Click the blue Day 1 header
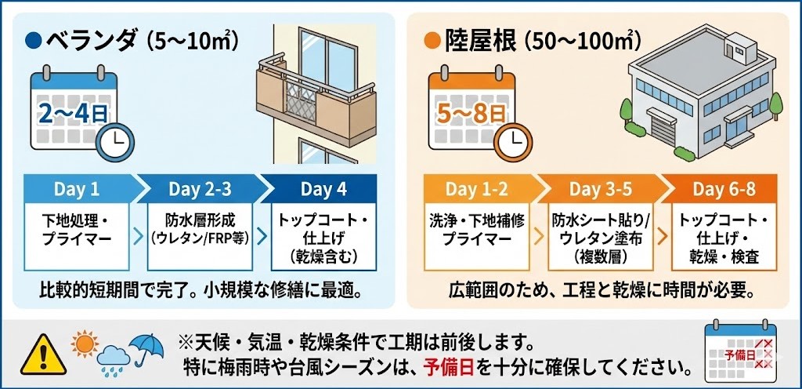(x=77, y=189)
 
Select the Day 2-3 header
(x=200, y=189)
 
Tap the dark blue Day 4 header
(x=323, y=189)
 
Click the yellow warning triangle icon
(x=44, y=355)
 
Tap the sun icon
(x=85, y=344)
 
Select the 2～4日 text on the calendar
(x=73, y=114)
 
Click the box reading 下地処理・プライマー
(x=77, y=237)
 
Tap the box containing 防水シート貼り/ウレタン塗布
(x=600, y=237)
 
